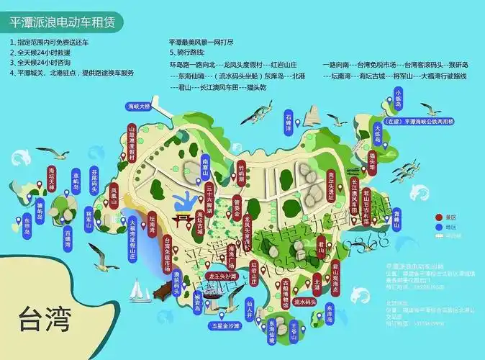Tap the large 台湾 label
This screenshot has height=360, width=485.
45,318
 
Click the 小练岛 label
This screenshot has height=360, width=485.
399,97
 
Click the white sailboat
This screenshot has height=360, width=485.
137,290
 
